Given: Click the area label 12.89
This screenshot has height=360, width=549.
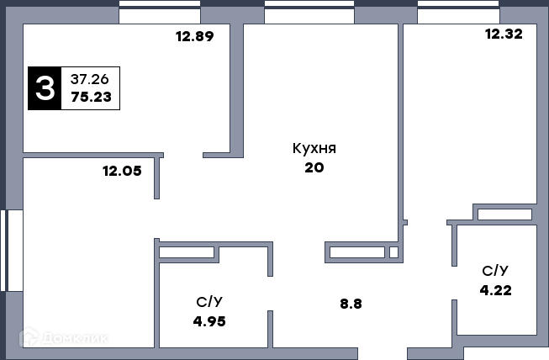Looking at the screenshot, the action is (195, 36).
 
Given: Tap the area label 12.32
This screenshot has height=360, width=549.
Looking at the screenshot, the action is (504, 34).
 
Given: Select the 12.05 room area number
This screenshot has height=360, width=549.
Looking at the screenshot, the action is (122, 171).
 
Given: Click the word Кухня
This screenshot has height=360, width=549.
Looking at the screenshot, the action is (314, 148).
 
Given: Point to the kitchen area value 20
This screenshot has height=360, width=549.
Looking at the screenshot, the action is (314, 167).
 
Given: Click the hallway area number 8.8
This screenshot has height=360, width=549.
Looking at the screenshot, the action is (351, 304).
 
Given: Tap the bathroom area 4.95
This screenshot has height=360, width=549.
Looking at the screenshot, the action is (209, 321).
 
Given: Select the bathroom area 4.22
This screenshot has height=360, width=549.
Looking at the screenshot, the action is (495, 290).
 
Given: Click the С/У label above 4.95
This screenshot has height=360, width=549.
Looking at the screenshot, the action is (209, 302).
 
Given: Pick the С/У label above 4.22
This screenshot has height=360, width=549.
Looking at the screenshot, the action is (495, 271).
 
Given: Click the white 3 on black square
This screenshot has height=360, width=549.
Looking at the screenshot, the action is (45, 88).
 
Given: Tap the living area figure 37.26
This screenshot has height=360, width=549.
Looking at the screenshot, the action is (90, 80).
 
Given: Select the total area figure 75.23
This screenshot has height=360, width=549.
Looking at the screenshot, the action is (91, 97).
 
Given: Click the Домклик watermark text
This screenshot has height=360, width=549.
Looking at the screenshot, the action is (75, 338).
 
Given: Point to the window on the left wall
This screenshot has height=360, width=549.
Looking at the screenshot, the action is (12, 251).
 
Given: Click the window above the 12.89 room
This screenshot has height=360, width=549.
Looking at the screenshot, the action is (160, 12).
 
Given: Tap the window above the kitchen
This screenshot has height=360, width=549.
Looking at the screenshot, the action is (309, 12).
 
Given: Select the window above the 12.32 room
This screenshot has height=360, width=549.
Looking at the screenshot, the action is (458, 12).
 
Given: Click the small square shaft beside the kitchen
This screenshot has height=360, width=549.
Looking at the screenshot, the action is (393, 252).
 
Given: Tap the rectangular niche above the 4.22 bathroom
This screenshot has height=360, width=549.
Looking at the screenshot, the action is (504, 214).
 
